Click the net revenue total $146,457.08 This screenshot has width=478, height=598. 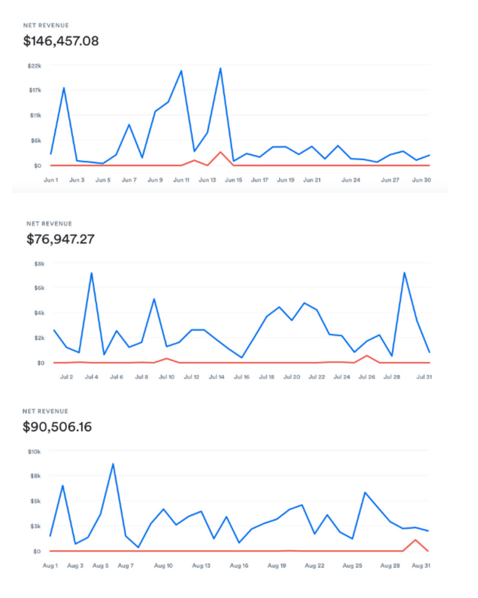[x=61, y=41]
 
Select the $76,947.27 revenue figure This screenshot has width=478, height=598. [x=61, y=240]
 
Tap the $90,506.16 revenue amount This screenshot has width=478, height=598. [x=57, y=428]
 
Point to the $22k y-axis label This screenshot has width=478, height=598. [x=33, y=65]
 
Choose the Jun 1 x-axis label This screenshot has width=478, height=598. [x=51, y=179]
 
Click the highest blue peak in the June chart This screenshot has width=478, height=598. [x=220, y=68]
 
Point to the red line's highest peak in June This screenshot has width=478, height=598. [x=220, y=152]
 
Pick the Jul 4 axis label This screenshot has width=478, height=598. [x=91, y=377]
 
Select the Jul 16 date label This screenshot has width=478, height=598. [x=241, y=377]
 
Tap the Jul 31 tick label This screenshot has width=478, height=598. [x=423, y=377]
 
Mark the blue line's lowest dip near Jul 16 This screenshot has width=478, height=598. [x=241, y=358]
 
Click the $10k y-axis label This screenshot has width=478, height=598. [x=33, y=451]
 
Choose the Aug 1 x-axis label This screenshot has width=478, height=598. [x=50, y=565]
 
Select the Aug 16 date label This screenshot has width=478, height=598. [x=239, y=565]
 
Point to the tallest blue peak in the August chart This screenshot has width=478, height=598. [x=113, y=463]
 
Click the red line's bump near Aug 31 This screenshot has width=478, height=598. [x=415, y=540]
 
